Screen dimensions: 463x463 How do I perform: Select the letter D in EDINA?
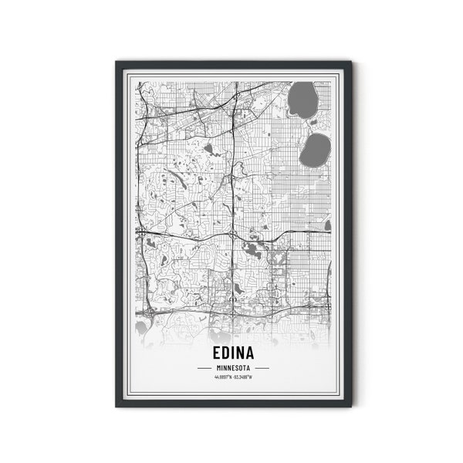click(222, 353)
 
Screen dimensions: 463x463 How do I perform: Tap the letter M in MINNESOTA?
click(218, 367)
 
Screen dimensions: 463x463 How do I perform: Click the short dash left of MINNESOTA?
click(204, 367)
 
